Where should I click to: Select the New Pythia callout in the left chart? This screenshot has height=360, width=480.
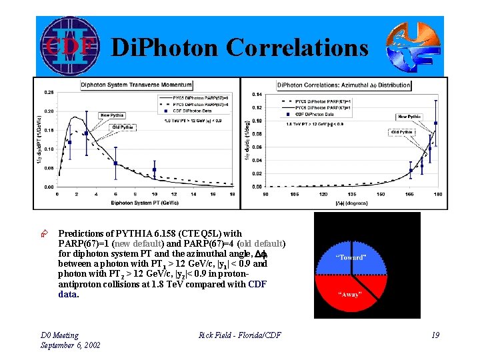pos(112,115)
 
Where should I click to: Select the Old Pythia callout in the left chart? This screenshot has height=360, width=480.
pos(123,127)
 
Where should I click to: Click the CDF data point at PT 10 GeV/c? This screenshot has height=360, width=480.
pos(155,169)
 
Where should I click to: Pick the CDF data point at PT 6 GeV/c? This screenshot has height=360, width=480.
pos(116,163)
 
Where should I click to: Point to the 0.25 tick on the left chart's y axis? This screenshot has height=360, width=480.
pos(49,92)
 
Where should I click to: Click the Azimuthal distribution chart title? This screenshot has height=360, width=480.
pos(344,85)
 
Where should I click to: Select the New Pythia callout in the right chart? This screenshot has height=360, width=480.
pos(409,117)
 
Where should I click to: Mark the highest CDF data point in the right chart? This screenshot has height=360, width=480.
pos(435,123)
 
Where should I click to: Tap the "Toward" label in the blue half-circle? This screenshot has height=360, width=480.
pos(350,257)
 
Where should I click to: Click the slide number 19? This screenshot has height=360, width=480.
pos(435,335)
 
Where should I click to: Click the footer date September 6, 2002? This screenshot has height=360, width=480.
pos(71,345)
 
